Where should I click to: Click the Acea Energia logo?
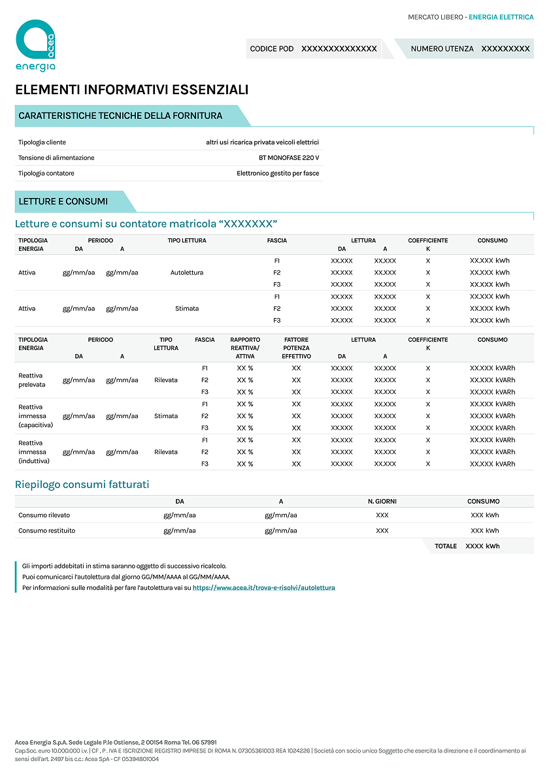pos(35,45)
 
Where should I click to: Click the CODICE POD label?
pos(272,49)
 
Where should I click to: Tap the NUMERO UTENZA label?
pos(442,49)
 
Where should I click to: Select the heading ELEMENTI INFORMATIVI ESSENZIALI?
pos(131,89)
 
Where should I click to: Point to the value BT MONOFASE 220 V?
pos(289,158)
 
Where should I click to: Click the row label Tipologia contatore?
pos(46,173)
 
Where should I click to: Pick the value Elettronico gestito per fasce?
pos(278,173)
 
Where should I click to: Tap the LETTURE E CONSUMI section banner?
pos(63,201)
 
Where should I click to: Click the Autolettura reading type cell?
pos(187,272)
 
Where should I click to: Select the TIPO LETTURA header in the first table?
pos(187,240)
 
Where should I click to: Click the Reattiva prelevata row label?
pos(32,380)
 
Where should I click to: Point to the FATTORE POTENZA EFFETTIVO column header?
pos(296,348)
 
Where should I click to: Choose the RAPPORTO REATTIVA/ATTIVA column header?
pos(245,348)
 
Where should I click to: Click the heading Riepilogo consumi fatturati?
pos(82,484)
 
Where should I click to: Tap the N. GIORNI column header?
pos(382,502)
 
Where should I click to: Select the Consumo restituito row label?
pos(46,530)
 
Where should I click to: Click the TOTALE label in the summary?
pos(446,546)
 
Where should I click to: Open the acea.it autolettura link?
pos(263,588)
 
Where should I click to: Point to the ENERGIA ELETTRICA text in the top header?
pos(501,17)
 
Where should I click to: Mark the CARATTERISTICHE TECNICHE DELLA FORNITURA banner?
pos(120,116)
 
